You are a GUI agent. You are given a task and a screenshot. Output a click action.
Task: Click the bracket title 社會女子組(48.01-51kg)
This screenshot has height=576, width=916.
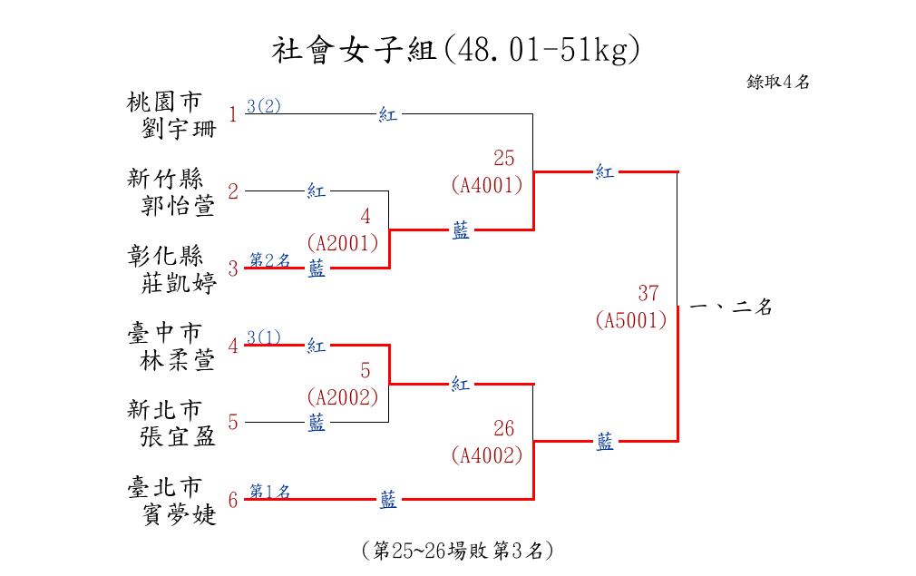point(456,50)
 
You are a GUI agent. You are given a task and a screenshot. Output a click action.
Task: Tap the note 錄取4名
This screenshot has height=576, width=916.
point(778,82)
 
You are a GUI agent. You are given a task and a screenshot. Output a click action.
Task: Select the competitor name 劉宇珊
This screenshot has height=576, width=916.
point(180,128)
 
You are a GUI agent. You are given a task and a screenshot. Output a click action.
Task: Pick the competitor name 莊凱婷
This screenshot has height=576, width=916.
point(180,282)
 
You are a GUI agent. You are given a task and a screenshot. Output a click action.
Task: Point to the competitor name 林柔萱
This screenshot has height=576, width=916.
point(180,360)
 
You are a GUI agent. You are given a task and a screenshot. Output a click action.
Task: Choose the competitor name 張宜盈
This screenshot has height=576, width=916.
point(180,437)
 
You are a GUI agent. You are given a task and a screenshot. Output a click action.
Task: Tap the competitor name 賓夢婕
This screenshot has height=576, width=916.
point(180,514)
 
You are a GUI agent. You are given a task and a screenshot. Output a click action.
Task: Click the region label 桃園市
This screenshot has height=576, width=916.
point(165,101)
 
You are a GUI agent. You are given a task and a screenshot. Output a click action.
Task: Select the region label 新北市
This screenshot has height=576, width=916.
point(165,410)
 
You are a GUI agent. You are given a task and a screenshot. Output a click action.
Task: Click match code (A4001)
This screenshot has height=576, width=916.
point(487,185)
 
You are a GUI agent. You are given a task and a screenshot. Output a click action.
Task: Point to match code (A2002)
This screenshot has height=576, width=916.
point(342,397)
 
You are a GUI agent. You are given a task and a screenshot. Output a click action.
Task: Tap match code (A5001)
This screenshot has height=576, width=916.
point(631,320)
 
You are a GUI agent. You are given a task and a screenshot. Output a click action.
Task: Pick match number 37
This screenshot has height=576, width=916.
point(648,294)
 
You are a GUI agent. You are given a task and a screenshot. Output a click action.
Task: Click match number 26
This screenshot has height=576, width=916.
point(503,429)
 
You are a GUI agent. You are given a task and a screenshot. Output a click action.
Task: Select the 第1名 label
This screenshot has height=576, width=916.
point(270,492)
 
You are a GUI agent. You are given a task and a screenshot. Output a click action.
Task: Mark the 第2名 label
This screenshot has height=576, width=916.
point(270,260)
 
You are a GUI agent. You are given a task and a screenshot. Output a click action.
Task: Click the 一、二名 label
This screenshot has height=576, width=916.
point(731,308)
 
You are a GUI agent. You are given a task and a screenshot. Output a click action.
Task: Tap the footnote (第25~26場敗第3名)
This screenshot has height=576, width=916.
point(457,551)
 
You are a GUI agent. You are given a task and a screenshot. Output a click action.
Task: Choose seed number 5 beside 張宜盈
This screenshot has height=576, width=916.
point(233,422)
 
